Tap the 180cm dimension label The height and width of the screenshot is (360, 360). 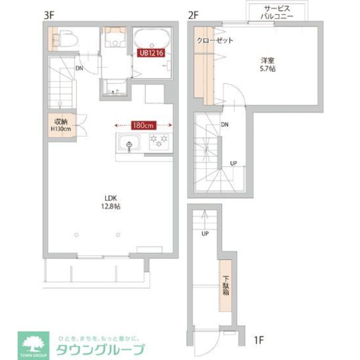(x=143, y=125)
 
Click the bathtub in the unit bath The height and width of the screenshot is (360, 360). (x=152, y=39)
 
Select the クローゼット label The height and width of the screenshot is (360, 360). (x=215, y=40)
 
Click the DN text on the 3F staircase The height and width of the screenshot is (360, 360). (x=79, y=68)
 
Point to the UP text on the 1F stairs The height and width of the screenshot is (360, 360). (x=205, y=234)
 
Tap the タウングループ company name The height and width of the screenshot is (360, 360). (x=101, y=349)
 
